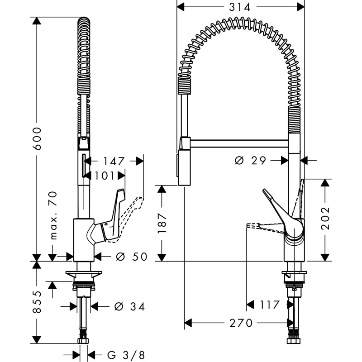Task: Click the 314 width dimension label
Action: click(239, 7)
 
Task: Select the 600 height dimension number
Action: click(37, 138)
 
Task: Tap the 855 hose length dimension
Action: click(37, 302)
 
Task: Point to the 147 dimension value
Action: click(114, 161)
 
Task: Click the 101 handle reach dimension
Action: click(104, 176)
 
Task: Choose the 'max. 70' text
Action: click(53, 215)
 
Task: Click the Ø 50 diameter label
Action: click(132, 257)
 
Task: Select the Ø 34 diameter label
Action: click(130, 307)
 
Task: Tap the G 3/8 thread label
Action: click(126, 355)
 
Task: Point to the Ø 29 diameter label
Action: click(251, 160)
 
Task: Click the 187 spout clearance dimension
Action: click(162, 223)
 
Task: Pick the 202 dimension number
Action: click(325, 218)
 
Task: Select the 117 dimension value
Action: click(270, 305)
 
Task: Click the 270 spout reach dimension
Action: click(241, 323)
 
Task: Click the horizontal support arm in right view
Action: click(239, 143)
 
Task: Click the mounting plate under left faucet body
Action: click(84, 274)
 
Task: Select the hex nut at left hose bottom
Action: click(84, 341)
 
